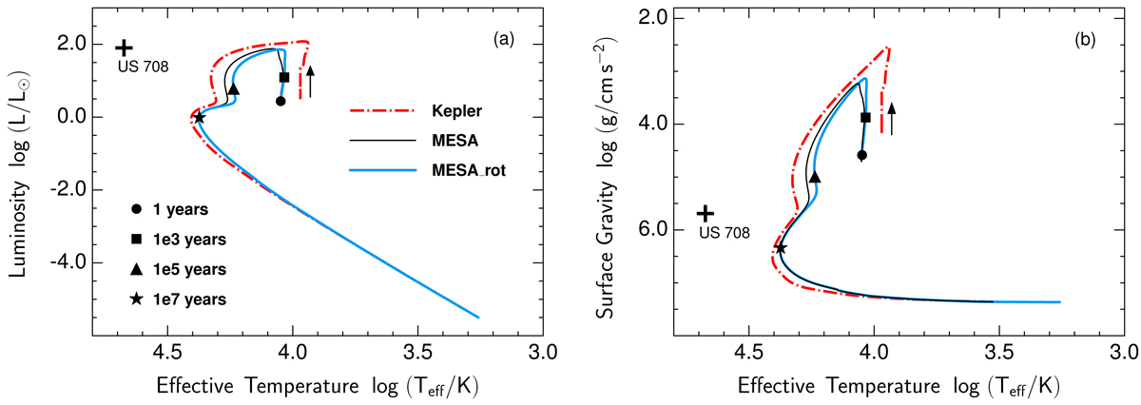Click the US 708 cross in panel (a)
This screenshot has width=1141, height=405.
[123, 47]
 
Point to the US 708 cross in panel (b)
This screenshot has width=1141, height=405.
[705, 215]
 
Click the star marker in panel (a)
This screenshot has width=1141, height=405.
[200, 118]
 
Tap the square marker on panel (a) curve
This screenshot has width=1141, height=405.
[284, 77]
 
